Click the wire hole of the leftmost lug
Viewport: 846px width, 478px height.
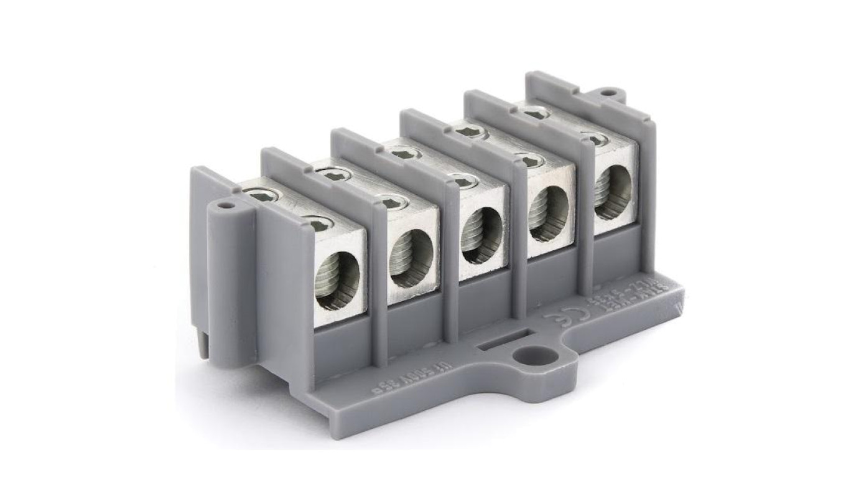coord(337,281)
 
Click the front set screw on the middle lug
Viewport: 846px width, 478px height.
coord(464,180)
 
